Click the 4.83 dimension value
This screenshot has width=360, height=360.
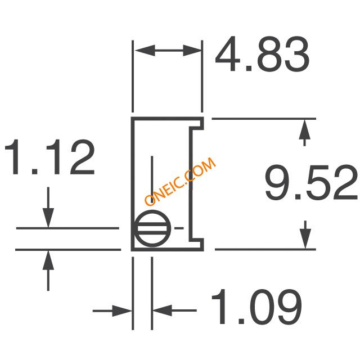[262, 54]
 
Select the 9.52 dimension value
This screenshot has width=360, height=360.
[311, 182]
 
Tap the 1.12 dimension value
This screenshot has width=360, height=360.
[49, 157]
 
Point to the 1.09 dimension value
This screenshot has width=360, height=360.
[256, 307]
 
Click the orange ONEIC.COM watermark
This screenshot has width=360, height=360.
[180, 181]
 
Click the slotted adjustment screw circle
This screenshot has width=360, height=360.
[152, 228]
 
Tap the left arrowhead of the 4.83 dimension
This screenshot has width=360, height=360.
[145, 51]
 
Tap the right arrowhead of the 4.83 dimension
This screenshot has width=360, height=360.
[192, 51]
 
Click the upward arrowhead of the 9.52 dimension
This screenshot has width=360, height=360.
[305, 129]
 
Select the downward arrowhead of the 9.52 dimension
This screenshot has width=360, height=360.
[305, 238]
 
